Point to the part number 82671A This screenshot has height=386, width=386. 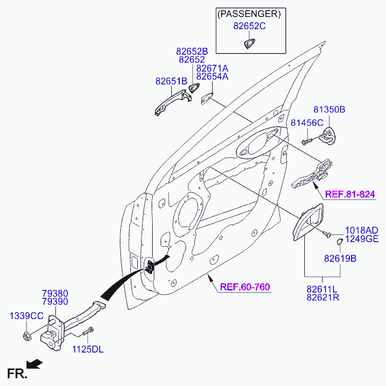tap(212, 68)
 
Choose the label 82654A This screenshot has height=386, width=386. tap(212, 77)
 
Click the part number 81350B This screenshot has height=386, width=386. tap(329, 109)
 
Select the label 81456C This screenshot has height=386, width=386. tap(306, 123)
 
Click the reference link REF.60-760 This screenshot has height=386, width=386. tap(245, 287)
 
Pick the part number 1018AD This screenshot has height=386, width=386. tap(362, 230)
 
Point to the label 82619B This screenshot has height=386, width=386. tap(340, 259)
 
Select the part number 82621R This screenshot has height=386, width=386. tap(322, 297)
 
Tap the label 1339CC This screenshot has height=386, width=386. tap(27, 316)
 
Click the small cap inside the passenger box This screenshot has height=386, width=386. tap(249, 44)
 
